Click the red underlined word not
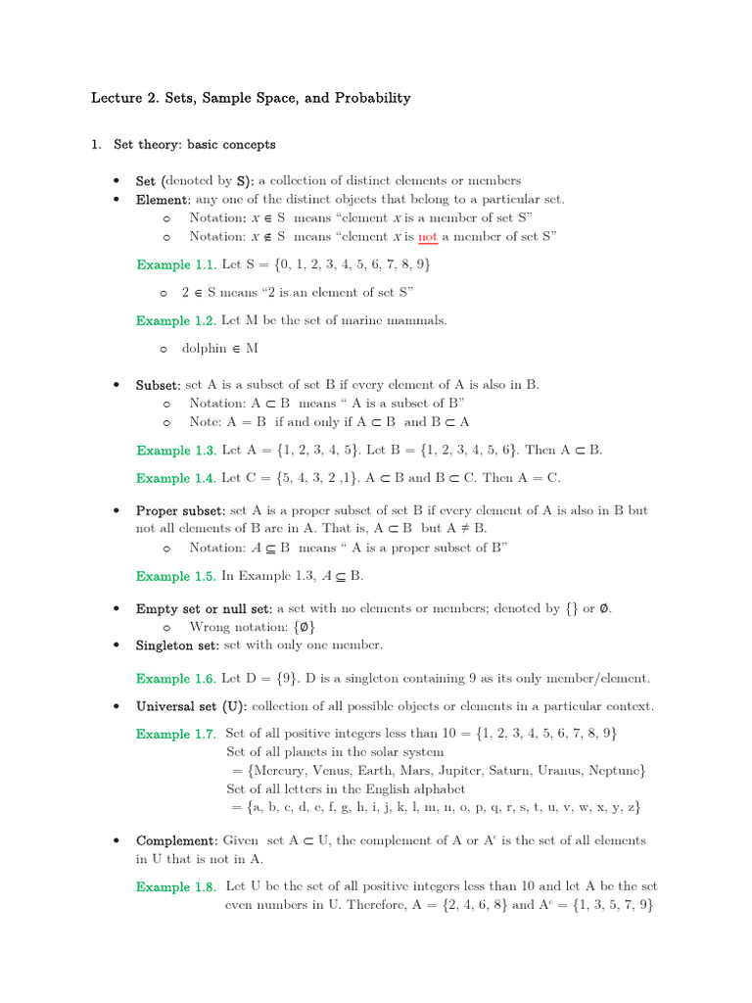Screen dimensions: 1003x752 pyautogui.click(x=428, y=236)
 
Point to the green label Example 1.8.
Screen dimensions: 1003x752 pyautogui.click(x=176, y=887)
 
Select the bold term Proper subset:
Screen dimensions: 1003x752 pyautogui.click(x=181, y=511)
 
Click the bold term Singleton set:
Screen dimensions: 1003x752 pyautogui.click(x=178, y=645)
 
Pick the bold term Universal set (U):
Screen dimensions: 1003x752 pyautogui.click(x=192, y=706)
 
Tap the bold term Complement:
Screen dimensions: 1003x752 pyautogui.click(x=177, y=841)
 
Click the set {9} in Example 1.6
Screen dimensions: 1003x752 pyautogui.click(x=289, y=679)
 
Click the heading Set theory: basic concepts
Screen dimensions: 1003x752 pyautogui.click(x=195, y=145)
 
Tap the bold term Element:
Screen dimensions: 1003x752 pyautogui.click(x=164, y=199)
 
